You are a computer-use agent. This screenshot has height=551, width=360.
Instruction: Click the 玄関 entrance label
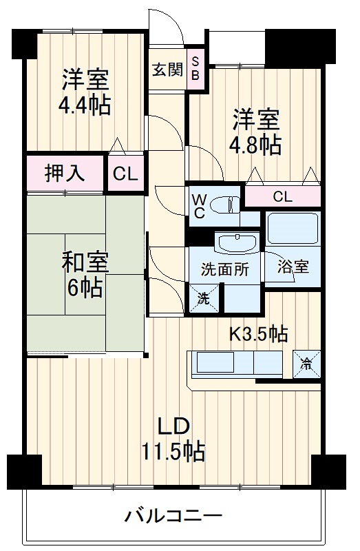click(x=166, y=70)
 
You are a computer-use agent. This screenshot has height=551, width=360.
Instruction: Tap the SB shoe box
click(x=195, y=70)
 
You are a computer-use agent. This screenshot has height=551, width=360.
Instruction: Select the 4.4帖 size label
click(x=84, y=106)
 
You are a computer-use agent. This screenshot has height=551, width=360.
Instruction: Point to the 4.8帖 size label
click(x=256, y=144)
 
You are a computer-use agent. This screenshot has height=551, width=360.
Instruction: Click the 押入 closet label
click(x=65, y=173)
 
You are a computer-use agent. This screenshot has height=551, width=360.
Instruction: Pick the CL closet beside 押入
click(x=125, y=174)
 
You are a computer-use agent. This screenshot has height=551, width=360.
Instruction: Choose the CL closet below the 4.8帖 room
click(x=282, y=196)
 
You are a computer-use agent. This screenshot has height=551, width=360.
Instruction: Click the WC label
click(x=198, y=205)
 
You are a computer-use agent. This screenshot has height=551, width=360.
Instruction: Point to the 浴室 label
click(x=293, y=267)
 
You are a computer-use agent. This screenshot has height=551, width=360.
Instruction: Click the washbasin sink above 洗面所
click(x=235, y=242)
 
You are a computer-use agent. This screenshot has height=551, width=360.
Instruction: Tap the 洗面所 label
click(x=225, y=269)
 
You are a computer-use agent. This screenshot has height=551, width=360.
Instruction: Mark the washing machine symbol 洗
click(x=203, y=299)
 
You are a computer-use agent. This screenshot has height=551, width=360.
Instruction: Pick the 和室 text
click(x=85, y=262)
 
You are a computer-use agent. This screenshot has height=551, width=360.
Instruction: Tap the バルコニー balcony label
click(x=173, y=515)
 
